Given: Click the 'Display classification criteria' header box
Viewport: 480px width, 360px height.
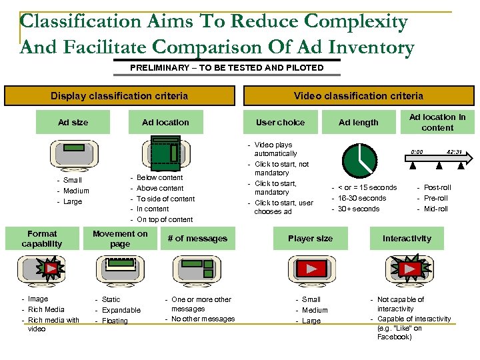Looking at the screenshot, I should (x=119, y=96).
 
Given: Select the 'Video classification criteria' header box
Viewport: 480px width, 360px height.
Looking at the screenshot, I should (x=358, y=96).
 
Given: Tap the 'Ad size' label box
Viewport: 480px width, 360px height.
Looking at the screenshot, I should (x=73, y=122).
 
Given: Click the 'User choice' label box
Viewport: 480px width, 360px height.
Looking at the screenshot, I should (x=280, y=122).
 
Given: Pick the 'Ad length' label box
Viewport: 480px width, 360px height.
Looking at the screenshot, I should (x=358, y=122).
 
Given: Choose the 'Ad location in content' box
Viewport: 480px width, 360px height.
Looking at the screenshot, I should (x=437, y=122).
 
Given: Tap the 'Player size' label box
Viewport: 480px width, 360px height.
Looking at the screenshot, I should (x=310, y=239).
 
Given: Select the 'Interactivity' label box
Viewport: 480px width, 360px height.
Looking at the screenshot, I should (x=407, y=239).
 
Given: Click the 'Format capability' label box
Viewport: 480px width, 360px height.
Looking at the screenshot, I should (x=42, y=239).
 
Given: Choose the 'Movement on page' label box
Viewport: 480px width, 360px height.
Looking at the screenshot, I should (x=120, y=239).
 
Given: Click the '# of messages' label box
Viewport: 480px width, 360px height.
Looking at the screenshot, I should (x=197, y=239).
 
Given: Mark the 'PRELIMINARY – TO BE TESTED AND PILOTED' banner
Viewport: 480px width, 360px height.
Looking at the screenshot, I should (x=227, y=67).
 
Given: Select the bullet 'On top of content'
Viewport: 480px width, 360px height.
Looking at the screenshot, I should (x=165, y=219).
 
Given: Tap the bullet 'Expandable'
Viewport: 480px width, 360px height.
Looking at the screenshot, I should (x=121, y=310).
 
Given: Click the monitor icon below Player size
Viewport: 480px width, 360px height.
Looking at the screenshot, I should (x=311, y=270).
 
